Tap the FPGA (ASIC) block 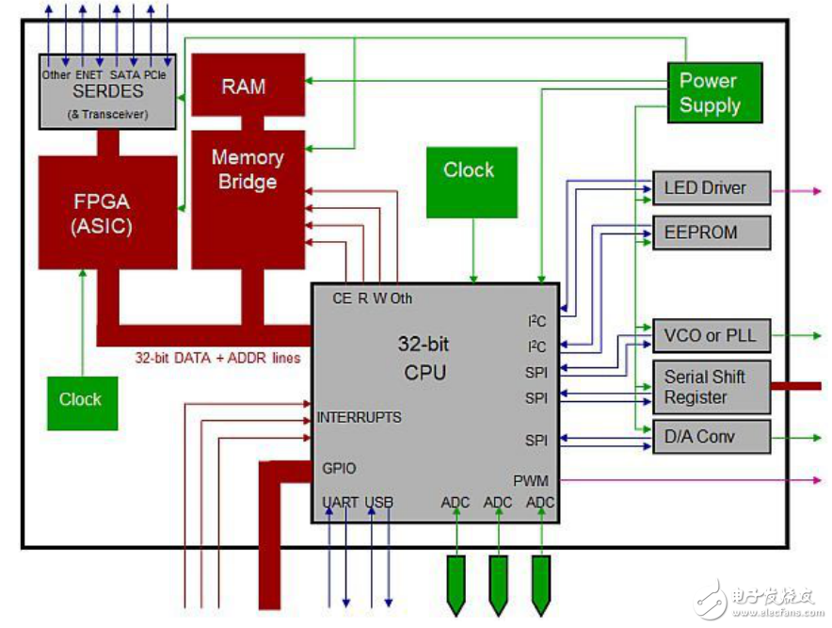click(107, 213)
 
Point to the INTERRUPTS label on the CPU click(359, 417)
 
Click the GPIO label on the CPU click(339, 468)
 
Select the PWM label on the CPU click(531, 480)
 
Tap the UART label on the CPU click(340, 503)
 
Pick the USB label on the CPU click(379, 503)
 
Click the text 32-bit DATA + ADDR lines click(217, 358)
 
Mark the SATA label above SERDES click(124, 73)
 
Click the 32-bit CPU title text click(425, 358)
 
